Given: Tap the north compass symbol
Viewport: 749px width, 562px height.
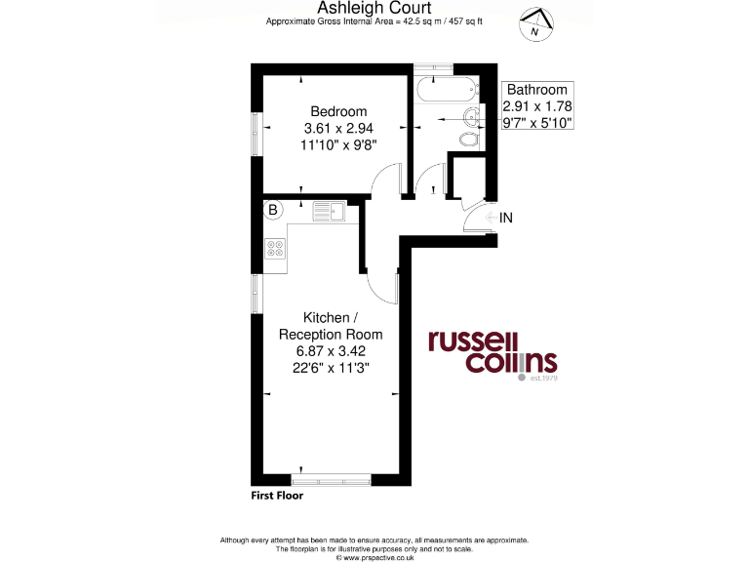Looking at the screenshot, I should coord(534,23).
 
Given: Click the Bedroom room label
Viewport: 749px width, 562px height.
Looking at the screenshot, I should coord(338,111).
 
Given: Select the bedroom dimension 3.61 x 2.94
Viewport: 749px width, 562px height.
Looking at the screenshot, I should coord(338,128).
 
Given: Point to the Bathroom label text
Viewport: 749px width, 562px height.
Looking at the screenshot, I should coord(536,89).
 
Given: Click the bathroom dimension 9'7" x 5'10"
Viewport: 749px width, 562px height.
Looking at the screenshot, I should coord(536,122).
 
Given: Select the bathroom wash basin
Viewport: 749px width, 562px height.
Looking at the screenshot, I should coord(471,119).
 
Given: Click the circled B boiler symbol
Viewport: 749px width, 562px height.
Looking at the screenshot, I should coord(272,209).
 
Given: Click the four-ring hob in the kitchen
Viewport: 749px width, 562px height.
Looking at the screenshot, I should coord(275,249).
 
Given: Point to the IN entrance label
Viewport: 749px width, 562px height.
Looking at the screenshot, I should coord(505,218).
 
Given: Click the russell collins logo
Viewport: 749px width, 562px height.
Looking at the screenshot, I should coord(493,352).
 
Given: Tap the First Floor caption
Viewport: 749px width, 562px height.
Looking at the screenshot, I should coord(277,496).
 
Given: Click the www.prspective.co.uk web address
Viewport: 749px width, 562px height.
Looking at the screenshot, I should coord(374,557).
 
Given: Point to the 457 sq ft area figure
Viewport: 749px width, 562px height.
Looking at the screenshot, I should coord(463,21).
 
